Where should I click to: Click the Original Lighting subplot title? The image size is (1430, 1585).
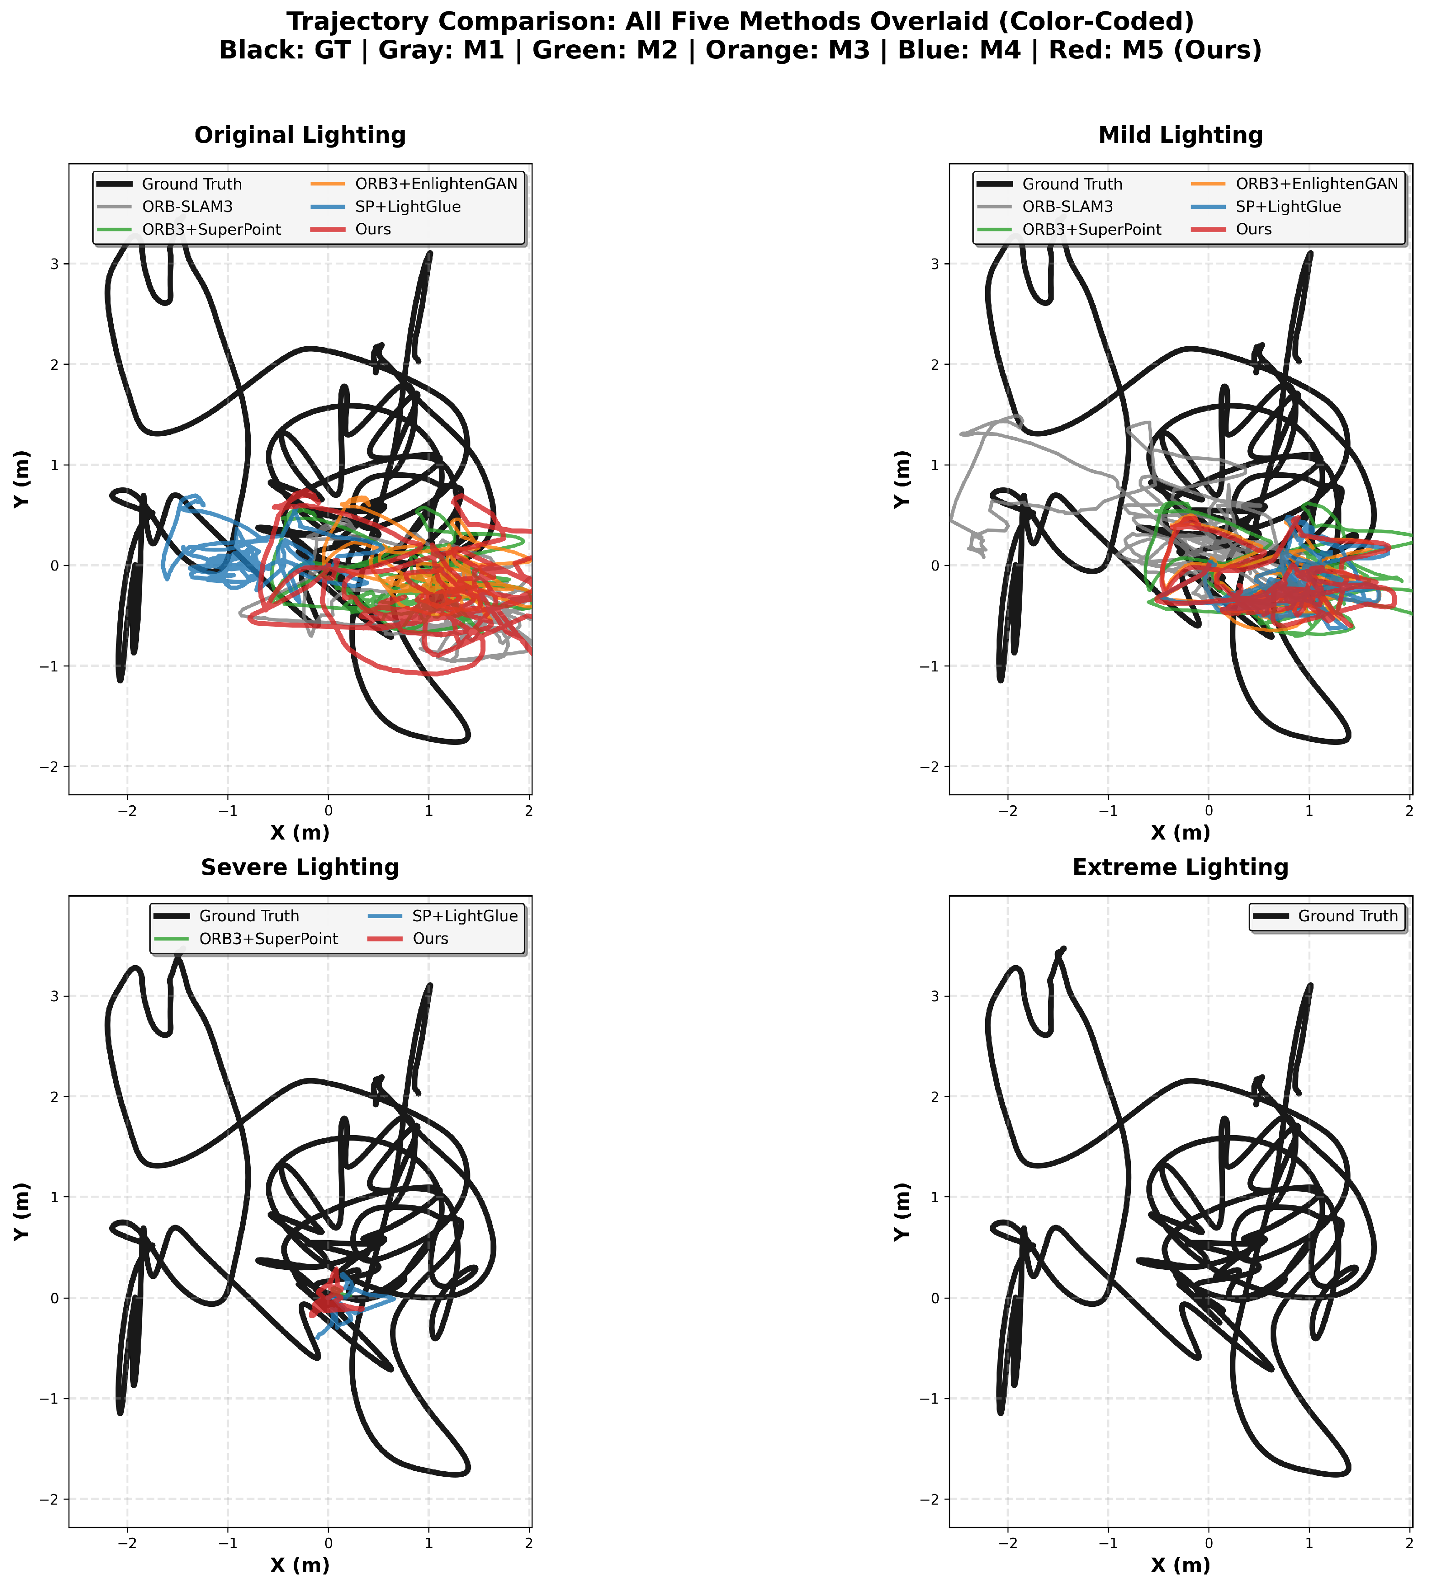point(300,135)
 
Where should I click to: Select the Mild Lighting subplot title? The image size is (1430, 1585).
point(1180,135)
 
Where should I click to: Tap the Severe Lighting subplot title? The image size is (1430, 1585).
point(300,867)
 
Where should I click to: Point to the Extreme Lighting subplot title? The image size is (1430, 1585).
point(1180,867)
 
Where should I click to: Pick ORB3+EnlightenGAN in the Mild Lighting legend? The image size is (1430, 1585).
point(1317,184)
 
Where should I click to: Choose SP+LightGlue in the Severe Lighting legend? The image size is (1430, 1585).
point(465,916)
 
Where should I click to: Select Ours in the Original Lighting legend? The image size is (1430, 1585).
point(373,229)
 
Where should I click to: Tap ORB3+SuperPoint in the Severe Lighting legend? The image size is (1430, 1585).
point(269,939)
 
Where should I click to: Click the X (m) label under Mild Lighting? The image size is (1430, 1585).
point(1180,833)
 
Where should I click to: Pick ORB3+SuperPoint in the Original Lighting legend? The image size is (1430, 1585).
point(211,229)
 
